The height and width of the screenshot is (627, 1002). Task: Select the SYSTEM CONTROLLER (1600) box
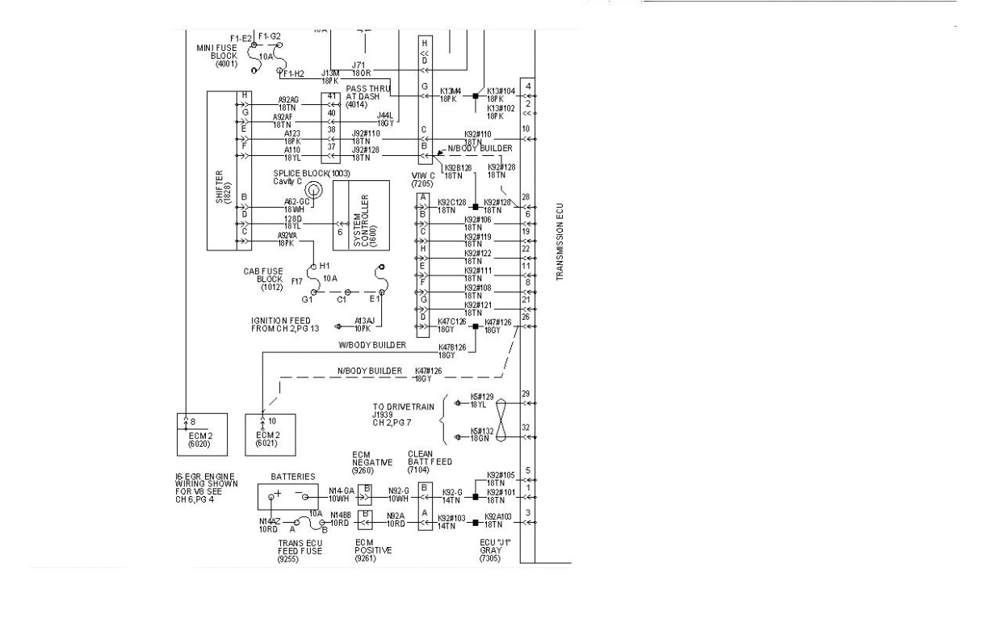point(360,214)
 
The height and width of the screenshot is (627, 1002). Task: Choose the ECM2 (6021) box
point(270,434)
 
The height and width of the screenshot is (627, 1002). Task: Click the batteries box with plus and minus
point(287,494)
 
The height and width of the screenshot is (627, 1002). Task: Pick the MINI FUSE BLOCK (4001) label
point(217,55)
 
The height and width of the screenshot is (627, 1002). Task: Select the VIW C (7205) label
point(422,180)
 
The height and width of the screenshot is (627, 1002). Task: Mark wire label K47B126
point(451,350)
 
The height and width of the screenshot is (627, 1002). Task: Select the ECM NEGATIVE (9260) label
point(372,462)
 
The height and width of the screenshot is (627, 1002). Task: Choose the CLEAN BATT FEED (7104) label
point(430,462)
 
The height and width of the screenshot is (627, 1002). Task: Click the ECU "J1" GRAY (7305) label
point(490,549)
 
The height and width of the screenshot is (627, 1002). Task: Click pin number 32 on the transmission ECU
point(526,427)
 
